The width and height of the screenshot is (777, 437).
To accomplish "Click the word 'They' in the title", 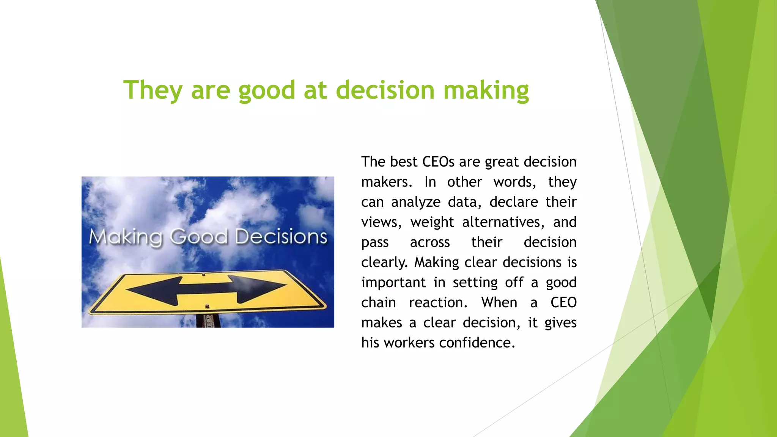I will (x=153, y=90).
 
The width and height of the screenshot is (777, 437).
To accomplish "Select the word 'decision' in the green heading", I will (x=385, y=90).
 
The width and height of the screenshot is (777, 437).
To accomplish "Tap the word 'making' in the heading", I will (x=486, y=90).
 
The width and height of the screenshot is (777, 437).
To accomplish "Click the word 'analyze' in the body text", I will (x=416, y=202).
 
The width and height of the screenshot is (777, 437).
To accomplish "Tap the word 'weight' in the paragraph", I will (x=432, y=222).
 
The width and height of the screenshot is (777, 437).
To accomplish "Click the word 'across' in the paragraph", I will (x=430, y=242).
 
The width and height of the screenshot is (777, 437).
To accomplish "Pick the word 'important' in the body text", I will (x=393, y=283).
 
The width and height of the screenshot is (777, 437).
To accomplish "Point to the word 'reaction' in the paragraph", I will (x=438, y=303).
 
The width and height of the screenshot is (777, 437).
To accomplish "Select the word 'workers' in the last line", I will (x=409, y=343).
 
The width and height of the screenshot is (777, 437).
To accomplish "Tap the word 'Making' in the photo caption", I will (x=126, y=237).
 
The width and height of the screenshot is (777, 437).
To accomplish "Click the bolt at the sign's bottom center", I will (x=207, y=306).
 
